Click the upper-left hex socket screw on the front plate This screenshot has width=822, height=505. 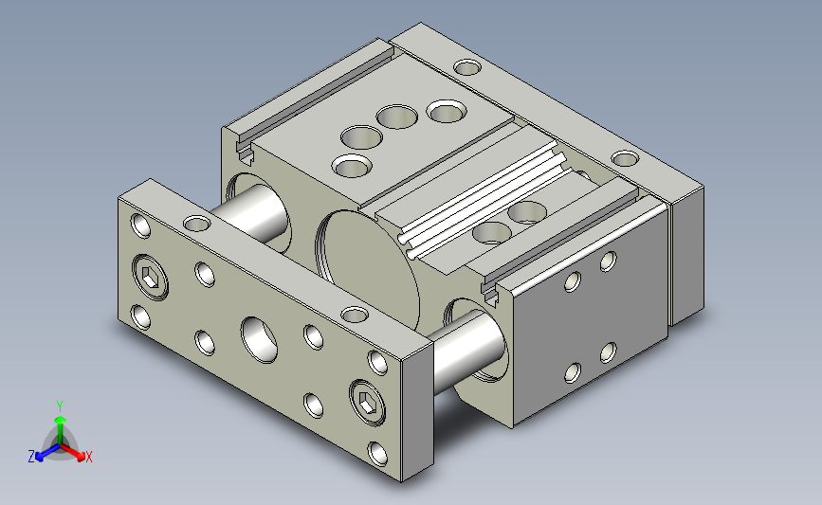(151, 277)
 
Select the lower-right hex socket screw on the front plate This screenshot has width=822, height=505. (368, 403)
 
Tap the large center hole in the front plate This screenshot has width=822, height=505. (259, 339)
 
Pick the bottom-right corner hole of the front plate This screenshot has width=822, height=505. (378, 454)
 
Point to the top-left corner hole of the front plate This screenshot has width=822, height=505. (140, 225)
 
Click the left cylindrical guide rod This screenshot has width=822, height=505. (250, 211)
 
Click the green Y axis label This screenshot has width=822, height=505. (60, 406)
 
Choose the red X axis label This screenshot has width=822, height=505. (88, 457)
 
